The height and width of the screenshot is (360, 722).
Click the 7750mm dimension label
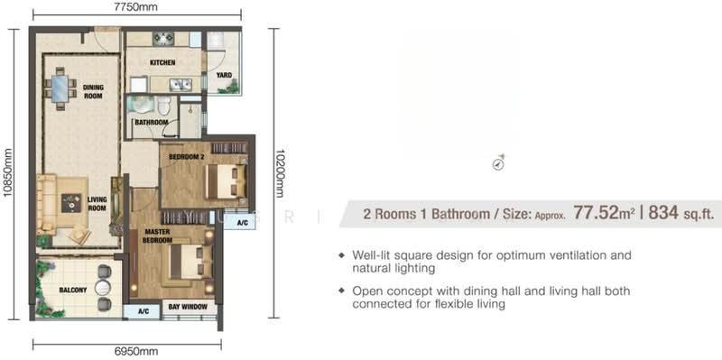[137, 6]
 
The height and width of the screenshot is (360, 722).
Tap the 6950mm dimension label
[137, 352]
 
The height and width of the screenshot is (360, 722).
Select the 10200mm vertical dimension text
[279, 172]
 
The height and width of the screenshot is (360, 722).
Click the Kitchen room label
[162, 62]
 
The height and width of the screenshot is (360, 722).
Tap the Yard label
[224, 75]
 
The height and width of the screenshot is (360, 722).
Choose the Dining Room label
[94, 92]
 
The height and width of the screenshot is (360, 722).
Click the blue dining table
[60, 88]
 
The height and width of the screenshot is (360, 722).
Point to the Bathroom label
[151, 123]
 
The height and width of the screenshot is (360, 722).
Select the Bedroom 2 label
[186, 156]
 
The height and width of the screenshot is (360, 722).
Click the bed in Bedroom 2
[226, 181]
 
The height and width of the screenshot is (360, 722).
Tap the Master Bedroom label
[159, 235]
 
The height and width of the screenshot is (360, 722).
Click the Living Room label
[97, 204]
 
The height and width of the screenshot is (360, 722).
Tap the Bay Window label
[188, 307]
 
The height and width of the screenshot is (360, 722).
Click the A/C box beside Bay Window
[143, 311]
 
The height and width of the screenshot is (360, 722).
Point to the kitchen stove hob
[163, 38]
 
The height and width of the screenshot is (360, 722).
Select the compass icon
[499, 162]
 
